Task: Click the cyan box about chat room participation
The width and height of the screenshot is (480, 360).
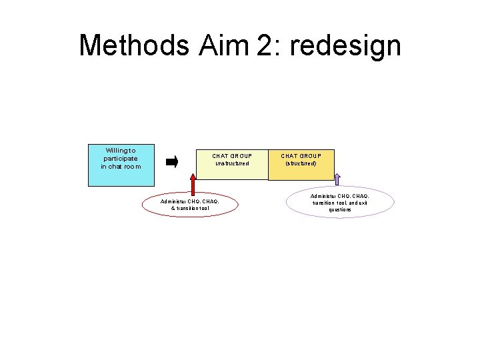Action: pyautogui.click(x=121, y=165)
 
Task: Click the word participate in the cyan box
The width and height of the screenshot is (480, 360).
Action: pyautogui.click(x=121, y=159)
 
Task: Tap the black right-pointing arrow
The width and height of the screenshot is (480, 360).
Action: pyautogui.click(x=172, y=161)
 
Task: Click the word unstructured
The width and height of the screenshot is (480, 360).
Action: pyautogui.click(x=232, y=163)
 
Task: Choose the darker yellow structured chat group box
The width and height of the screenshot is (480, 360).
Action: pyautogui.click(x=301, y=172)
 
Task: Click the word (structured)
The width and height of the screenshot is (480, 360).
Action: pyautogui.click(x=301, y=163)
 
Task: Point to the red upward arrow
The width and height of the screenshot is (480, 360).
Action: pyautogui.click(x=193, y=183)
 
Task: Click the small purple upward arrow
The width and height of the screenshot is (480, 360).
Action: pyautogui.click(x=337, y=179)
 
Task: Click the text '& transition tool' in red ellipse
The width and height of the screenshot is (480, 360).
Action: pyautogui.click(x=190, y=208)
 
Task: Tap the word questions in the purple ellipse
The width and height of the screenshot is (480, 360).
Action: pyautogui.click(x=340, y=209)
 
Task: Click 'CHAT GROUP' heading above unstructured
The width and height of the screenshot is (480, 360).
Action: pyautogui.click(x=232, y=155)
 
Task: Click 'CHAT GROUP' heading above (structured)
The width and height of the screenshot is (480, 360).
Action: pyautogui.click(x=301, y=155)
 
